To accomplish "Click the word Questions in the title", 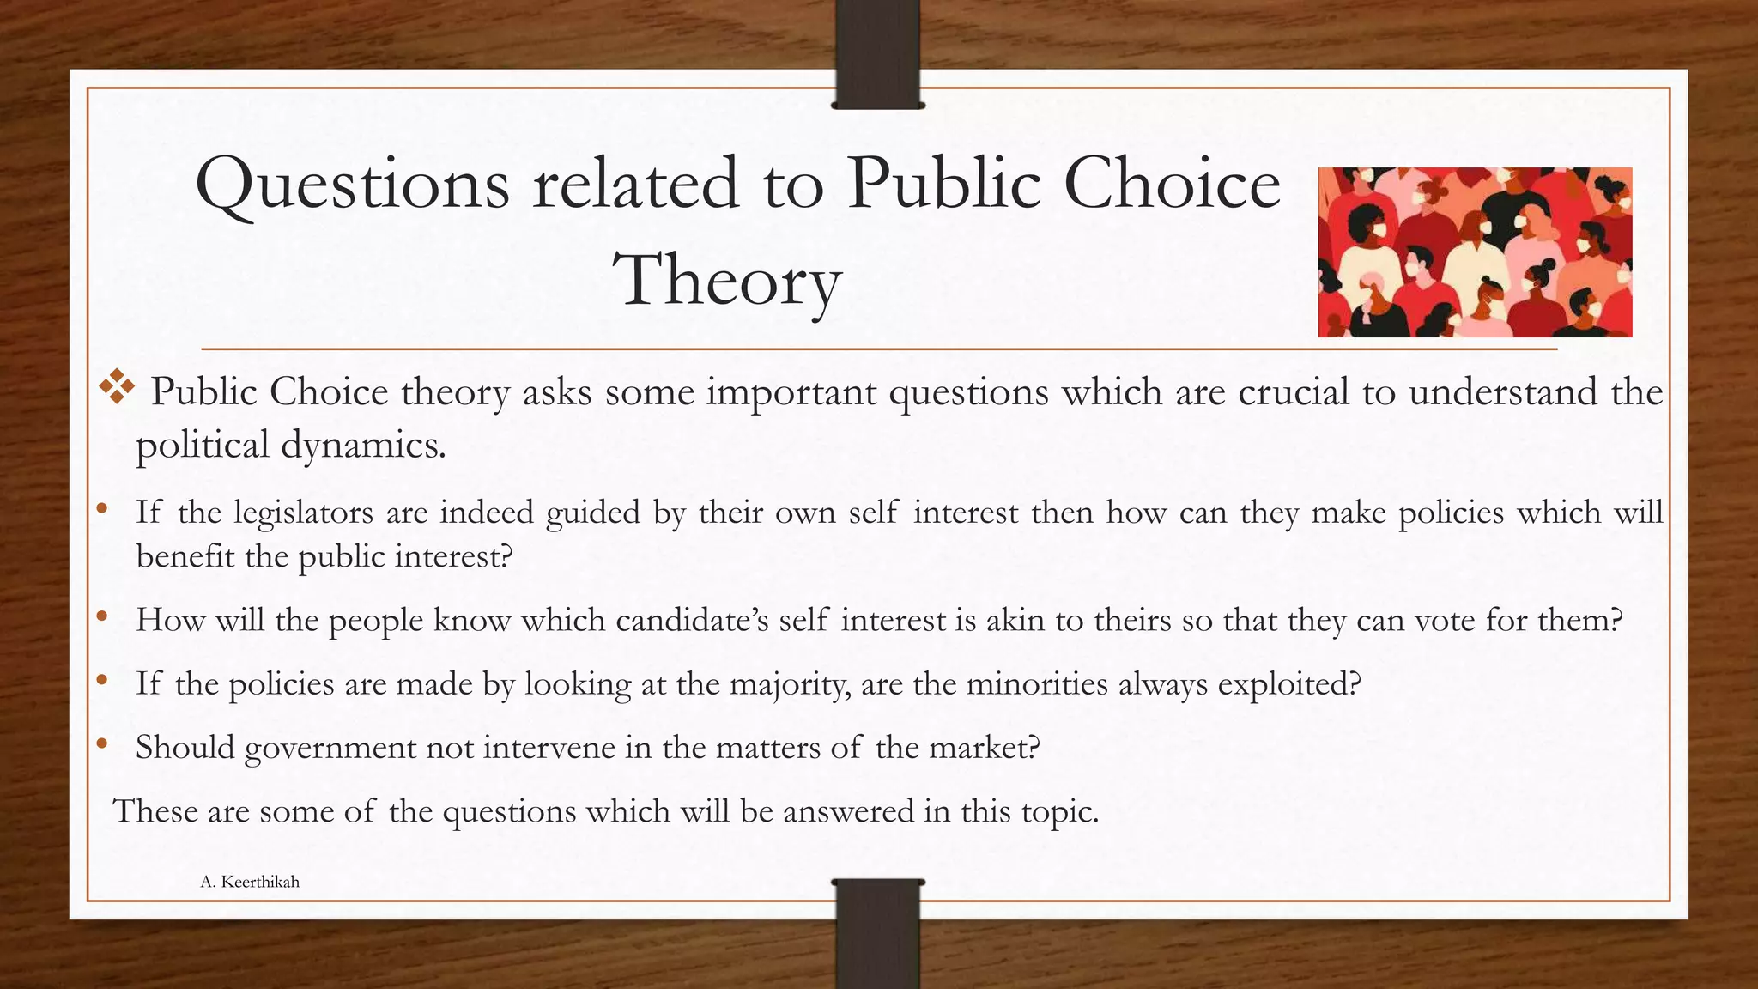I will [353, 185].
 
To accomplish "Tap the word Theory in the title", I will [726, 282].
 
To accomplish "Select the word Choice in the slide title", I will [1172, 185].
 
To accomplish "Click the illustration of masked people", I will [1474, 252].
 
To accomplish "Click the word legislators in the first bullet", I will [304, 513].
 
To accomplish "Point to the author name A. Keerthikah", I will [250, 882].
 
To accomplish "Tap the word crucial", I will [1294, 392].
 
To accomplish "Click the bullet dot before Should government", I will [102, 744].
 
